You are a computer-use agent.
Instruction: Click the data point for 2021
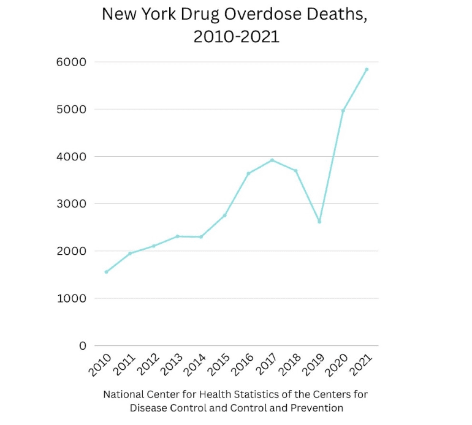point(367,69)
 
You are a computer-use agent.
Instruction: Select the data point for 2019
point(319,222)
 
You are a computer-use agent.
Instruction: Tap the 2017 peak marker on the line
point(272,160)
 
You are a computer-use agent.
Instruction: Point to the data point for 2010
point(107,272)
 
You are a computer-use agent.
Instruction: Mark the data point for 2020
point(343,110)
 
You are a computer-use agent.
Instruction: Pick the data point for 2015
point(225,215)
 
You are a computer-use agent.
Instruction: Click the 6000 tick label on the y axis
point(72,62)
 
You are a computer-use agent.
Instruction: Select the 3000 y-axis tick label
point(72,204)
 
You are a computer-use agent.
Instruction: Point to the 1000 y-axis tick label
point(72,299)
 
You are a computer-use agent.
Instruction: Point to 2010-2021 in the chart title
point(236,37)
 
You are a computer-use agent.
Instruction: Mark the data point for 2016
point(248,173)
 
